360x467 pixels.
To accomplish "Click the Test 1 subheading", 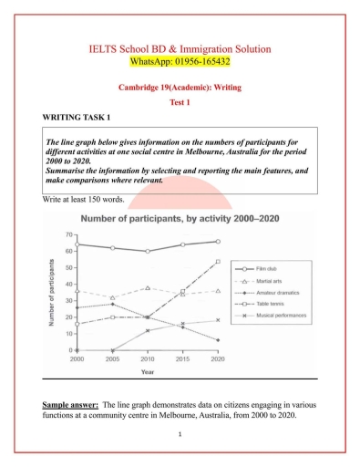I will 179,102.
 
